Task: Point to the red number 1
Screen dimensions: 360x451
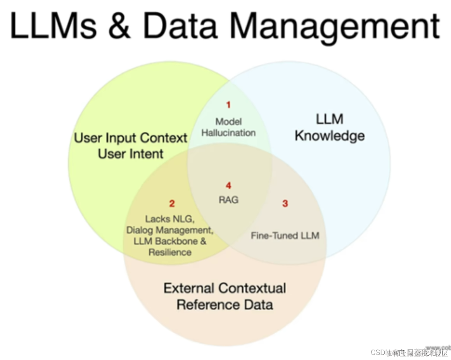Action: [228, 105]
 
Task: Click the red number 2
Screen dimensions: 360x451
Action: [172, 204]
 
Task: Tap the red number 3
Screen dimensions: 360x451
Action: [285, 204]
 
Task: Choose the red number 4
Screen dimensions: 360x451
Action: [228, 186]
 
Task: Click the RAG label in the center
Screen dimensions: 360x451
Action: [228, 200]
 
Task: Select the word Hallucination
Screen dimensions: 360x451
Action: [228, 133]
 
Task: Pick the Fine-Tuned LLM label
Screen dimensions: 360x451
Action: [285, 235]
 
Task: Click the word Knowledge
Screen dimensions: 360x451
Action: [330, 136]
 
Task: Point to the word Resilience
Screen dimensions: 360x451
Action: [170, 252]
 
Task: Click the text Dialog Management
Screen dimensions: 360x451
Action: [170, 230]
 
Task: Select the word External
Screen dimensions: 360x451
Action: [188, 288]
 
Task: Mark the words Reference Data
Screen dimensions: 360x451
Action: [225, 305]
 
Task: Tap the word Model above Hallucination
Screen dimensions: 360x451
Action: [228, 121]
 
